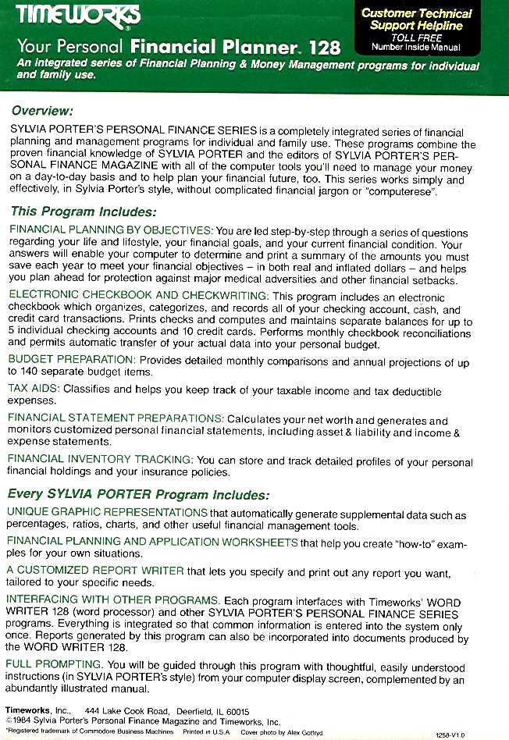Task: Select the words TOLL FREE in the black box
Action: [x=416, y=37]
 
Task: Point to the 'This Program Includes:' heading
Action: [x=84, y=212]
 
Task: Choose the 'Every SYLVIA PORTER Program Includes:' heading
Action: [x=139, y=495]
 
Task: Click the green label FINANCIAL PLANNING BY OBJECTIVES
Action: [x=110, y=231]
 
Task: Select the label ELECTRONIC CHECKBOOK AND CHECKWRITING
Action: [x=138, y=296]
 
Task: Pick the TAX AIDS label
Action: [x=33, y=389]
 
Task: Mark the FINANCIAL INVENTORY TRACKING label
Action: [x=101, y=460]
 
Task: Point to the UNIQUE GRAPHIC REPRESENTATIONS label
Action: [x=107, y=513]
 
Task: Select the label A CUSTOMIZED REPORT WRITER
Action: [x=95, y=571]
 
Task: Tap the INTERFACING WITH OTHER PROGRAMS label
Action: [x=112, y=599]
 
